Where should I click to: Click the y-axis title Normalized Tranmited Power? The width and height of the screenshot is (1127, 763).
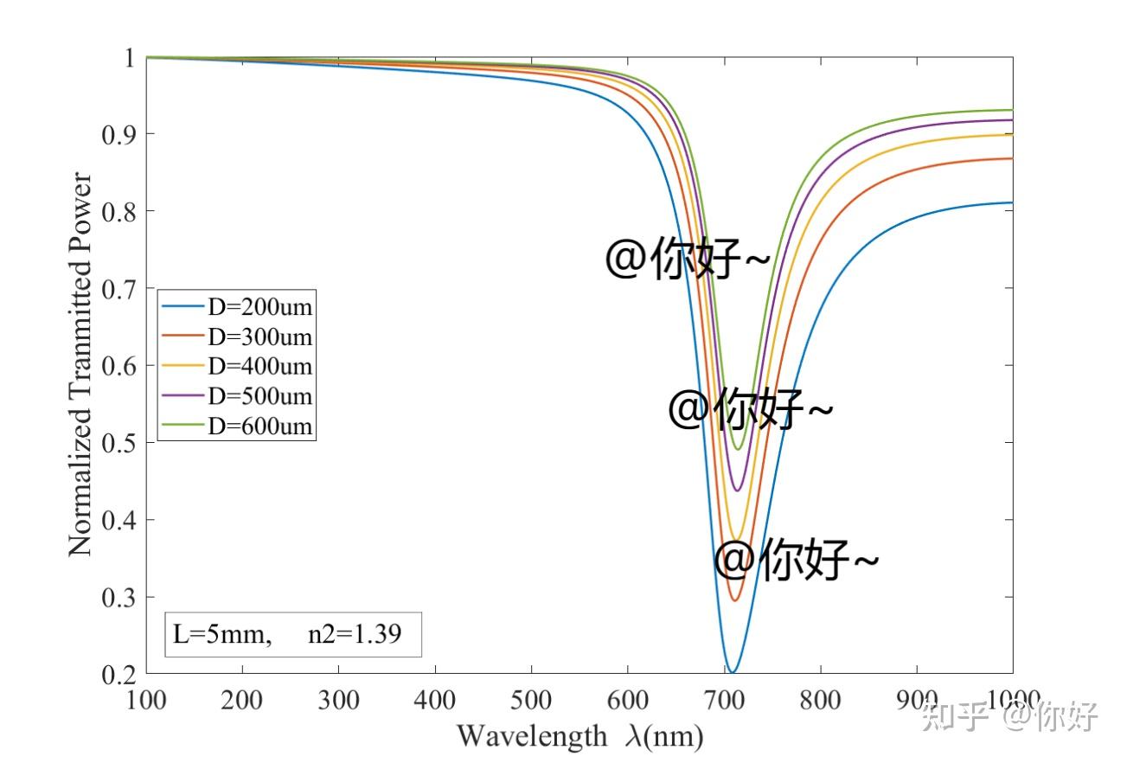(80, 364)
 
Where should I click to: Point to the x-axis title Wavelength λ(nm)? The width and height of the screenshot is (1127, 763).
(580, 736)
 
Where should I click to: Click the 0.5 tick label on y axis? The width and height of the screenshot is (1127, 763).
(119, 443)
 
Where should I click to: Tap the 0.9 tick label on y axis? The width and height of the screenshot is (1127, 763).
(119, 134)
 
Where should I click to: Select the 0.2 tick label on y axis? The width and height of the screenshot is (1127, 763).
(119, 674)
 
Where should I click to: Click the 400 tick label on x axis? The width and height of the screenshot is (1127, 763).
(434, 700)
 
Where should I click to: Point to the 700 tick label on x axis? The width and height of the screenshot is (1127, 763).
(628, 700)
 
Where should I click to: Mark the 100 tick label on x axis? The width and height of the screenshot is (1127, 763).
(146, 700)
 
